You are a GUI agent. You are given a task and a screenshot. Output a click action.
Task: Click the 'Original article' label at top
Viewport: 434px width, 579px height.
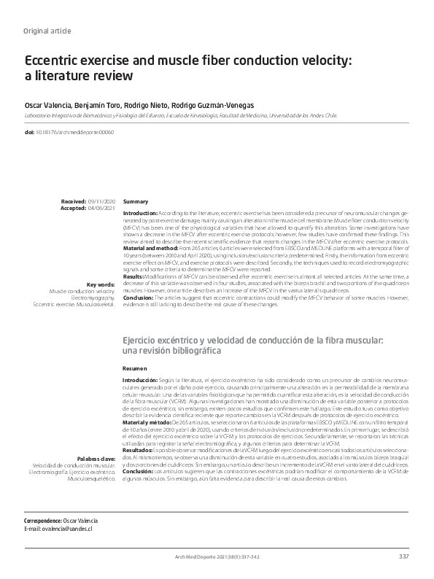(47, 31)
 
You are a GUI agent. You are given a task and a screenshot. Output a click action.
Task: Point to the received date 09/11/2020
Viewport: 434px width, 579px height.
(101, 201)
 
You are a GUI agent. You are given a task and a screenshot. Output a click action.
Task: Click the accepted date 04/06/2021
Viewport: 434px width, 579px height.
(101, 207)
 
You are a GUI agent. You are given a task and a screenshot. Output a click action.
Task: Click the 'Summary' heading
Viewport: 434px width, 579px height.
(136, 201)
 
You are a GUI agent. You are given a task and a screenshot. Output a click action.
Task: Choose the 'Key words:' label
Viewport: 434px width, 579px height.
(101, 284)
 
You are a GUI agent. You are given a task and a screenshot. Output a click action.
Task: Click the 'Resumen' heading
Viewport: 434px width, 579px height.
(136, 370)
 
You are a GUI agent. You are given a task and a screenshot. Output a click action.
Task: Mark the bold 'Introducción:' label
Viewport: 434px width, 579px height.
(141, 381)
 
